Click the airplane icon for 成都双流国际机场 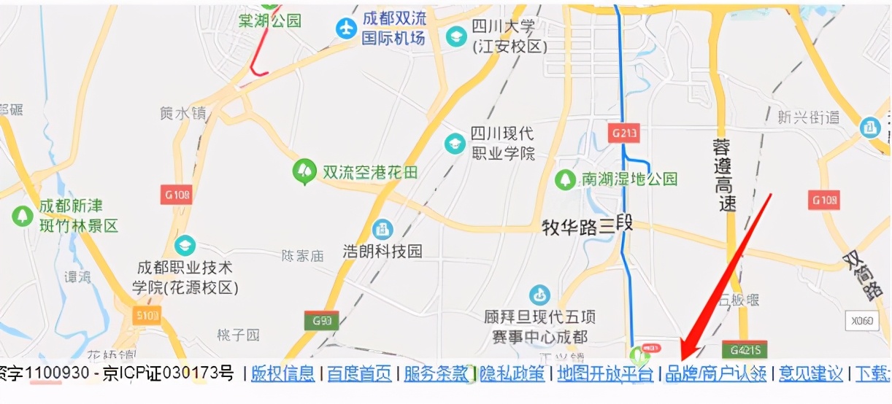[346, 28]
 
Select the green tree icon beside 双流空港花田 [302, 171]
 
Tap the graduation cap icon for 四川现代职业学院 [455, 143]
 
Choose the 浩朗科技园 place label [382, 252]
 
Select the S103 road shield [147, 314]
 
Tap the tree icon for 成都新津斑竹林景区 [23, 216]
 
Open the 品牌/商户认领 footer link [716, 374]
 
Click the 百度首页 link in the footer [358, 374]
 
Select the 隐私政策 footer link [512, 374]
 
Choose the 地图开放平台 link [605, 374]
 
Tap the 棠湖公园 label [269, 21]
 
